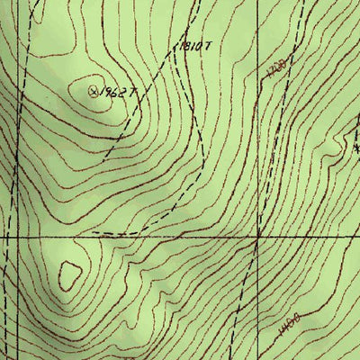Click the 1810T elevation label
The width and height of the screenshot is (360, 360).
point(194,45)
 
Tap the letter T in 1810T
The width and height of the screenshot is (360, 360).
point(208,46)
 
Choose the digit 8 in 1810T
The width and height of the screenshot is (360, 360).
point(188,45)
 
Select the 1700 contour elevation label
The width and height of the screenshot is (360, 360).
point(276,67)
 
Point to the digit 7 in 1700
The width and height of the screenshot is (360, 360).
point(273,70)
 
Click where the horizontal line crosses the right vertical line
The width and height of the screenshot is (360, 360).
point(258,237)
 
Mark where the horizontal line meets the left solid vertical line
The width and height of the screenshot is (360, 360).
point(5,237)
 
